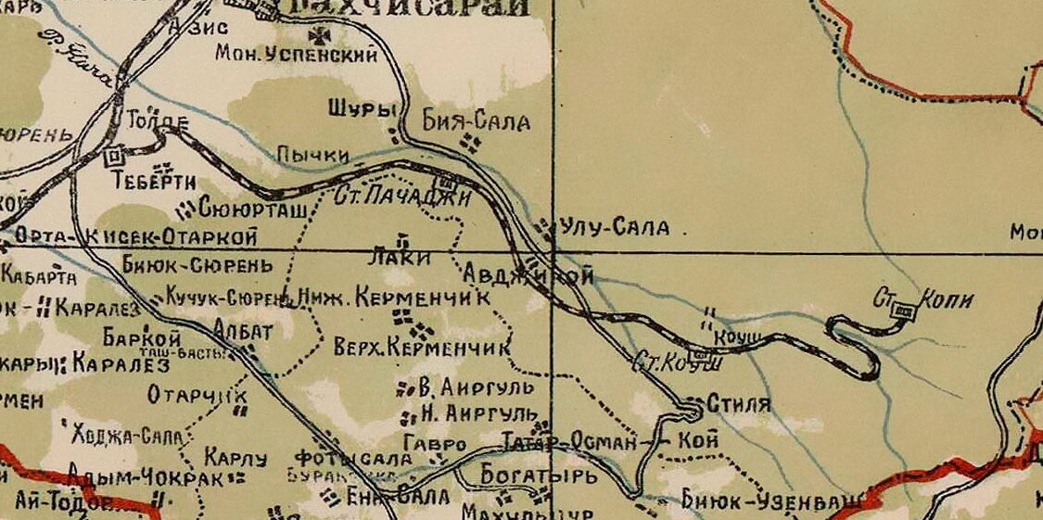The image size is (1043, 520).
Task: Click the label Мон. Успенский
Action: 296,55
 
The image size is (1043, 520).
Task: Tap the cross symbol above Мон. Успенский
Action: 324,35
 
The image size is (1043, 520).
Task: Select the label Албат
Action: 243,331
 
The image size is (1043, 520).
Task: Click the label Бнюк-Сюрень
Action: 198,266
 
